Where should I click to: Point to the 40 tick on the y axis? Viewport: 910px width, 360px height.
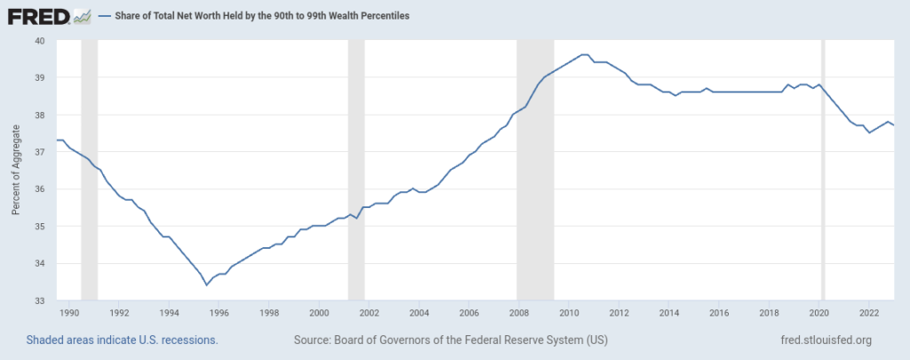39,40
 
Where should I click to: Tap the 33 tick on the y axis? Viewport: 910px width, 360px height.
39,300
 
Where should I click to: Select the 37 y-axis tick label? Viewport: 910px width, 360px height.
39,152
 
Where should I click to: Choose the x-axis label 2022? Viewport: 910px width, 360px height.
869,313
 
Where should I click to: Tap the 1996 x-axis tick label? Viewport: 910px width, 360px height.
220,313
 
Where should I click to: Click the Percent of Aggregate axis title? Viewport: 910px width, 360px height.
16,170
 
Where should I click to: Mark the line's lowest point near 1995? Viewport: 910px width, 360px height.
206,284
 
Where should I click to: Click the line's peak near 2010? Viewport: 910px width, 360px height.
584,54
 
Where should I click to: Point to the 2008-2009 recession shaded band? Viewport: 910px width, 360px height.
535,170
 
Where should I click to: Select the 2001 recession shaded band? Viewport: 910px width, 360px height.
356,170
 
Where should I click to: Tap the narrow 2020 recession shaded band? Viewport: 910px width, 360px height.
823,170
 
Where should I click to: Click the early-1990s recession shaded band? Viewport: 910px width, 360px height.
89,170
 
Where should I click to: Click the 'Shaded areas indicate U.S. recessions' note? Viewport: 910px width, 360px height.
123,340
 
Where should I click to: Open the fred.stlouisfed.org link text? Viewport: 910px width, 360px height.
824,340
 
